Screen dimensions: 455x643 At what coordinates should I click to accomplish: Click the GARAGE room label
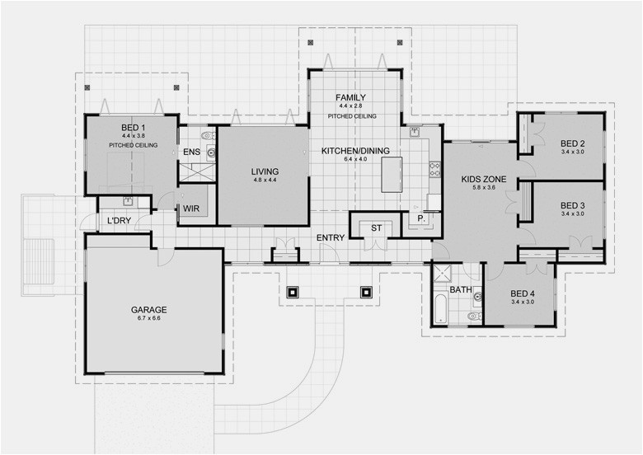coord(148,311)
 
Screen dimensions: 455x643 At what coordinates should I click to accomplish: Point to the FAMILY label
coord(350,98)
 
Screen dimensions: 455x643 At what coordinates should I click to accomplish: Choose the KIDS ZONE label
coord(484,179)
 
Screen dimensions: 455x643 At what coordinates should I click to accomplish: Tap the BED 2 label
coord(572,142)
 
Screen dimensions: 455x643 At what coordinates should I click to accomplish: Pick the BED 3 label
coord(572,204)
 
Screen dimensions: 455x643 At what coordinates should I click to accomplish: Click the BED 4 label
coord(523,293)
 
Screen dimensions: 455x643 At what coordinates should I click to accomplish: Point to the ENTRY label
coord(331,238)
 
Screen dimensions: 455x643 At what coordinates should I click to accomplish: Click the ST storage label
coord(376,227)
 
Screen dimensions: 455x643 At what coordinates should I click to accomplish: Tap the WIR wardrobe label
coord(193,209)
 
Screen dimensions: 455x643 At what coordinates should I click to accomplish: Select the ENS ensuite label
coord(191,152)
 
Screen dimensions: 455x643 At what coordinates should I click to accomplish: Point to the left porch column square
coord(293,292)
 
